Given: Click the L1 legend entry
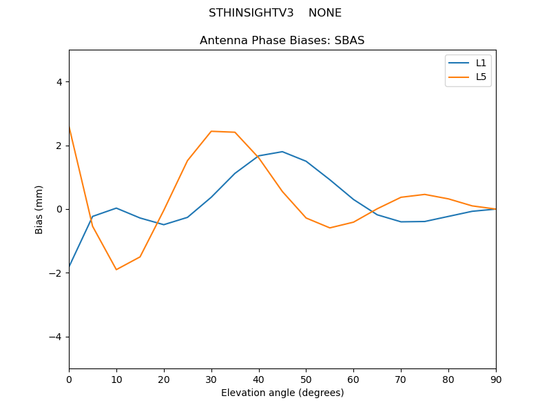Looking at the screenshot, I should (x=481, y=63).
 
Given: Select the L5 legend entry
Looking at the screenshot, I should (x=481, y=77).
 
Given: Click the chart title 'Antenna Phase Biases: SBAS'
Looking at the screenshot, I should (x=282, y=41).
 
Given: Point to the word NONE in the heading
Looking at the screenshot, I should (x=325, y=13).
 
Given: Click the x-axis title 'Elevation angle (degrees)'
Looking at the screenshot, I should (x=282, y=393).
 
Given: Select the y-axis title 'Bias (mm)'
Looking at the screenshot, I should (x=39, y=209).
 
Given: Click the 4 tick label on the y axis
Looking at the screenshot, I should (x=59, y=82).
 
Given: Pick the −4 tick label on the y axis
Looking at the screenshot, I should (x=56, y=337).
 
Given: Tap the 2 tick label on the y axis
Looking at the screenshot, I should (x=59, y=146).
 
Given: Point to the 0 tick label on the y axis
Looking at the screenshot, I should (x=59, y=209).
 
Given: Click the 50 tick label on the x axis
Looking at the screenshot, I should (x=306, y=379).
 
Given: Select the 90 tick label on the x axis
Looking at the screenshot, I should (x=495, y=379).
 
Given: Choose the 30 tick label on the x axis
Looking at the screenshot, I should (x=211, y=379).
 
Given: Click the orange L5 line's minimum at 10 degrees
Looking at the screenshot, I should (x=116, y=270).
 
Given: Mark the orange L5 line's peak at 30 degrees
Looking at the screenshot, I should (x=211, y=131).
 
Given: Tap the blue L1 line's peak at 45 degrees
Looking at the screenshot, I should (x=282, y=152).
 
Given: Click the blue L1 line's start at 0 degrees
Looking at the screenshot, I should (x=70, y=266).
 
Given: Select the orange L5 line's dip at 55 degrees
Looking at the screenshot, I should (x=330, y=228).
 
